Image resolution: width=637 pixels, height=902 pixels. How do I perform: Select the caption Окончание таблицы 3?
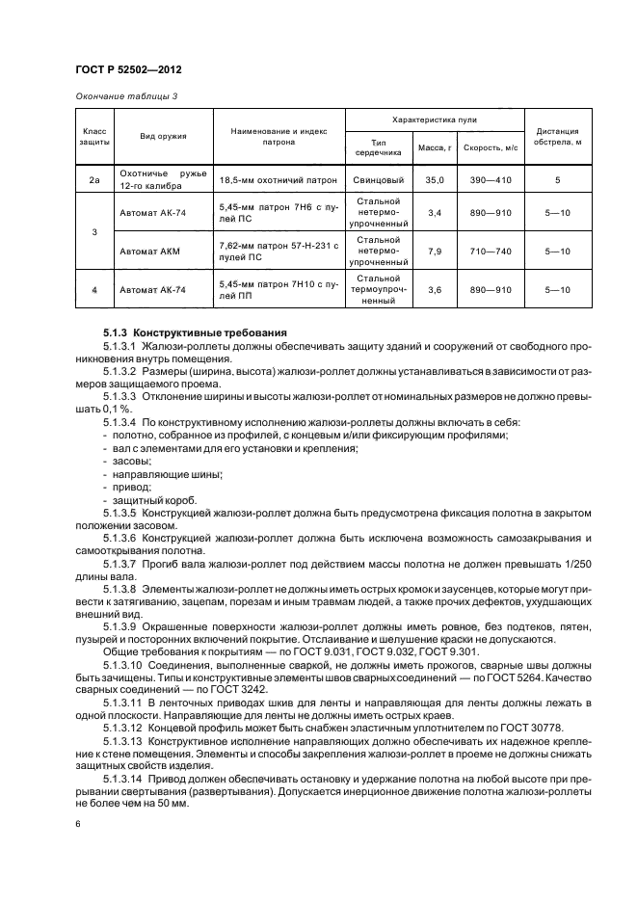tap(126, 95)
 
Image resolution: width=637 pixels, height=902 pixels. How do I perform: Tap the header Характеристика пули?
tap(434, 120)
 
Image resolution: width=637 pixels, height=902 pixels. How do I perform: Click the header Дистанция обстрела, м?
tap(558, 137)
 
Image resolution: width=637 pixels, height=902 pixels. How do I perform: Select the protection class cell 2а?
tap(94, 179)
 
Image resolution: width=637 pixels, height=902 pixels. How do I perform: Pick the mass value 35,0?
tap(434, 179)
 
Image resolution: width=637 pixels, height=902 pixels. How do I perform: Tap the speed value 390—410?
tap(490, 179)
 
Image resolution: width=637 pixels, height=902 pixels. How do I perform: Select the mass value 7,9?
tap(434, 251)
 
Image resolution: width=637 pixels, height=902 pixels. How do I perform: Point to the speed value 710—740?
tap(490, 251)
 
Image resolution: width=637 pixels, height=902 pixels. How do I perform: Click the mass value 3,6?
tap(434, 289)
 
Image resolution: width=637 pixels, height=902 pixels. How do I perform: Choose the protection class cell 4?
tap(94, 289)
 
